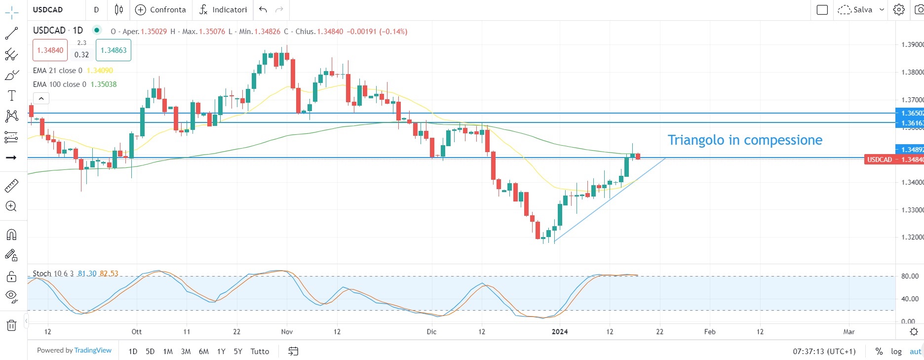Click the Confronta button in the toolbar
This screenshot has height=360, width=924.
(x=160, y=10)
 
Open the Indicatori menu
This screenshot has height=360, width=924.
(x=223, y=10)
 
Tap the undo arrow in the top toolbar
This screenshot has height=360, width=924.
(x=263, y=10)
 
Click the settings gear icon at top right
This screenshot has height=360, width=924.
(x=899, y=10)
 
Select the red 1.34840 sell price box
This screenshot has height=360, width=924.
(x=50, y=50)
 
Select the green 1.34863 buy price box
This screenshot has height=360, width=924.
(x=114, y=50)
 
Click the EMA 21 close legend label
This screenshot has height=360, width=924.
(x=57, y=71)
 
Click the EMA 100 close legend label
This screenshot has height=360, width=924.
(x=59, y=84)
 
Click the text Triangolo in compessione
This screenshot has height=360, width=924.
(x=744, y=140)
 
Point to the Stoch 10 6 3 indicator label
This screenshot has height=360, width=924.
(x=53, y=274)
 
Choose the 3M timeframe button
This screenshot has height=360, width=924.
(x=186, y=352)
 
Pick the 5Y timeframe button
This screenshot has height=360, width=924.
(x=238, y=352)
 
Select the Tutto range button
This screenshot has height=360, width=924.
(x=260, y=352)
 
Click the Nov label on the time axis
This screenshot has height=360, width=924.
(x=287, y=332)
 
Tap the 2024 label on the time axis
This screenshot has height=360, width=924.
(x=560, y=332)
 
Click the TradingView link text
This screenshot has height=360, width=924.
(x=93, y=351)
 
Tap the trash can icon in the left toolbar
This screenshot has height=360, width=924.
(x=11, y=325)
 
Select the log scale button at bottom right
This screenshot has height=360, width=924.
(x=896, y=352)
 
